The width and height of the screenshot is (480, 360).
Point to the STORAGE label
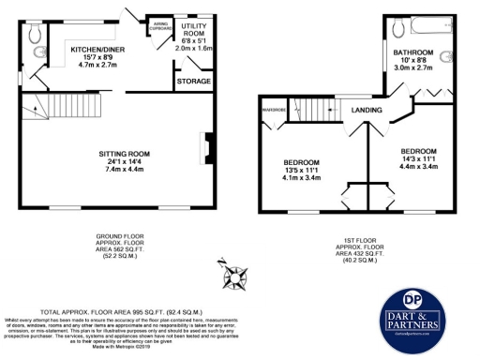tap(193, 82)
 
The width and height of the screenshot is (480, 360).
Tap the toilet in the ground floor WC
tap(36, 36)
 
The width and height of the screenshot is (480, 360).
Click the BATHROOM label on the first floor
tap(412, 52)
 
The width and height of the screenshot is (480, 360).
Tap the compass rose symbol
tap(233, 277)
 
